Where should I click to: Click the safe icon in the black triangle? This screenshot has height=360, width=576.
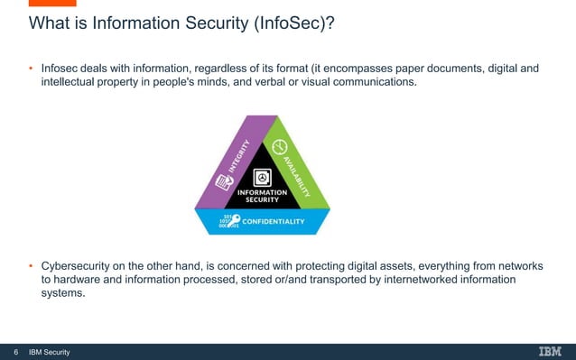tap(262, 175)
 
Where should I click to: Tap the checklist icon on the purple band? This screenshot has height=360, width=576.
tap(218, 184)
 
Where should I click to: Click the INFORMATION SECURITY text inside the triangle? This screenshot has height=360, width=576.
tap(262, 196)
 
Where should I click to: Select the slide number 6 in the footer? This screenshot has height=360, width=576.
tap(15, 352)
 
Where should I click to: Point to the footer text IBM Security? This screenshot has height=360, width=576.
tap(50, 352)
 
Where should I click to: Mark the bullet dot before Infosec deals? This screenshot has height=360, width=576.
tap(32, 68)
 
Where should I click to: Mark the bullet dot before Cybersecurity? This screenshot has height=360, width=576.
tap(32, 266)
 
